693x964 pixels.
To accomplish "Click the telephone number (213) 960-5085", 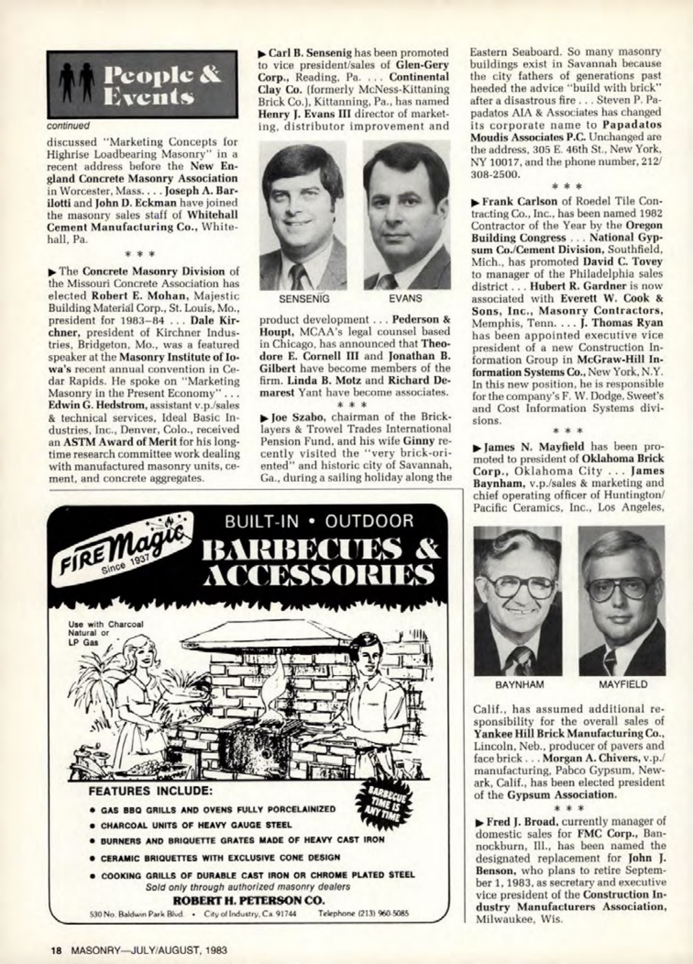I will point(363,913).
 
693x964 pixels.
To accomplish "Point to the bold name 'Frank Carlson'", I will point(505,201).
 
